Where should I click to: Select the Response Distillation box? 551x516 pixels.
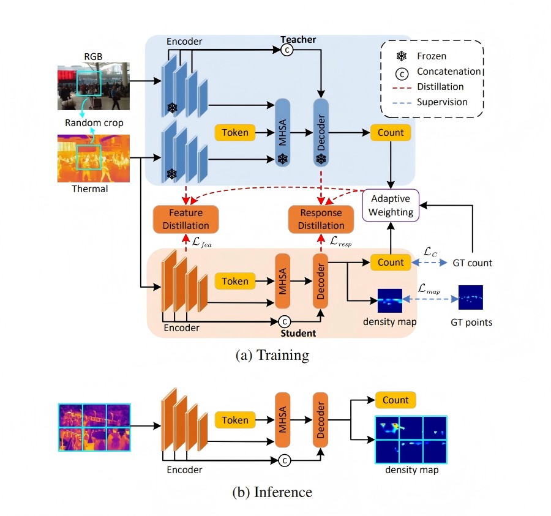point(321,219)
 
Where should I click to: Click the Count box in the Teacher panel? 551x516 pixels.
point(391,132)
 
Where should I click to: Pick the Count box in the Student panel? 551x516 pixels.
point(391,262)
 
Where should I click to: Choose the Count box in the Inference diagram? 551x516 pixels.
point(395,400)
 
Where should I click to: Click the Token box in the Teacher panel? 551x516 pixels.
point(235,132)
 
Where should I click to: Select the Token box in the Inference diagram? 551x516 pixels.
point(235,421)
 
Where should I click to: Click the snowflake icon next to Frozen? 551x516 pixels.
point(402,56)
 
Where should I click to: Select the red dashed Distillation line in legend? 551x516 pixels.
point(401,86)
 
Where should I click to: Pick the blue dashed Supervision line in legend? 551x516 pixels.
point(401,102)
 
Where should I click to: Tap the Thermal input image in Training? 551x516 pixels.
point(94,158)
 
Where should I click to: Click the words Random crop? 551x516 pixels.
point(94,123)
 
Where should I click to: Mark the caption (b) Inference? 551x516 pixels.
point(273,492)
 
